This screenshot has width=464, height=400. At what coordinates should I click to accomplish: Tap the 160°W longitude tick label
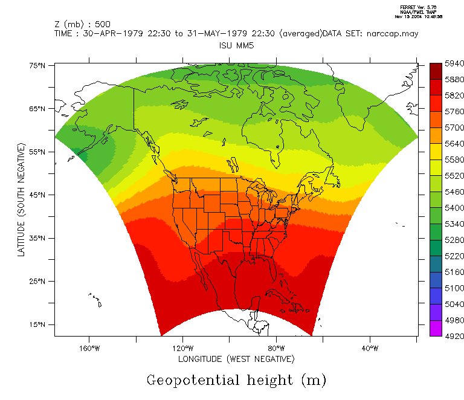click(89, 348)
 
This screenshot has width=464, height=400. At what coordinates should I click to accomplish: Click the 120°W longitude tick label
click(182, 348)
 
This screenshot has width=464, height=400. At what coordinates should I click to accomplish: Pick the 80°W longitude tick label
click(276, 348)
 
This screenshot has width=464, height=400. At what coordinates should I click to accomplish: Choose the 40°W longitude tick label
click(370, 348)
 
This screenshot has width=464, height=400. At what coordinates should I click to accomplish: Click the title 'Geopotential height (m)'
click(236, 381)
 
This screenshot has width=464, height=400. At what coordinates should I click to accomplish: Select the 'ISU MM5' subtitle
click(236, 45)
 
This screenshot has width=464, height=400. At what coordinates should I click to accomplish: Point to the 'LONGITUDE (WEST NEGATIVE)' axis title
click(236, 360)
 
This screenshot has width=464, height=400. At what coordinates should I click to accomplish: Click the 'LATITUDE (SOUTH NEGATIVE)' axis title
click(22, 200)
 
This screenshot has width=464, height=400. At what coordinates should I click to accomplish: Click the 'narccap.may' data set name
click(392, 34)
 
